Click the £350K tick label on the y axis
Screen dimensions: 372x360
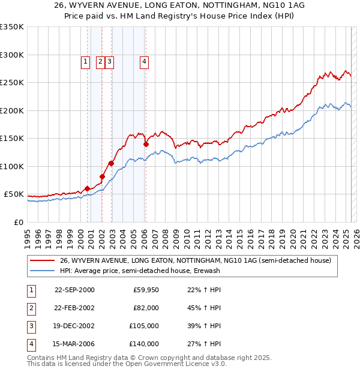12,27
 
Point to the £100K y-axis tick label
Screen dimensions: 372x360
12,166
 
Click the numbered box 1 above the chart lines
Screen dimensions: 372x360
85,61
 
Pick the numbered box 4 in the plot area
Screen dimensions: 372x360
145,61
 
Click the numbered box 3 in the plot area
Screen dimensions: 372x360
110,61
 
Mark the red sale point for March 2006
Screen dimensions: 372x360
146,144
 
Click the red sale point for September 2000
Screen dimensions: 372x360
88,188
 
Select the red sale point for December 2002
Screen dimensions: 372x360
112,163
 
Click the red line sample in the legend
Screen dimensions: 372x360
42,260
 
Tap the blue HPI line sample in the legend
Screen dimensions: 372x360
42,271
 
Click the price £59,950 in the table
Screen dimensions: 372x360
146,290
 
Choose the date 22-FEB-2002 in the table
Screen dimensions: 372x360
74,307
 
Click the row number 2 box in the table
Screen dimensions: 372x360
31,307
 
